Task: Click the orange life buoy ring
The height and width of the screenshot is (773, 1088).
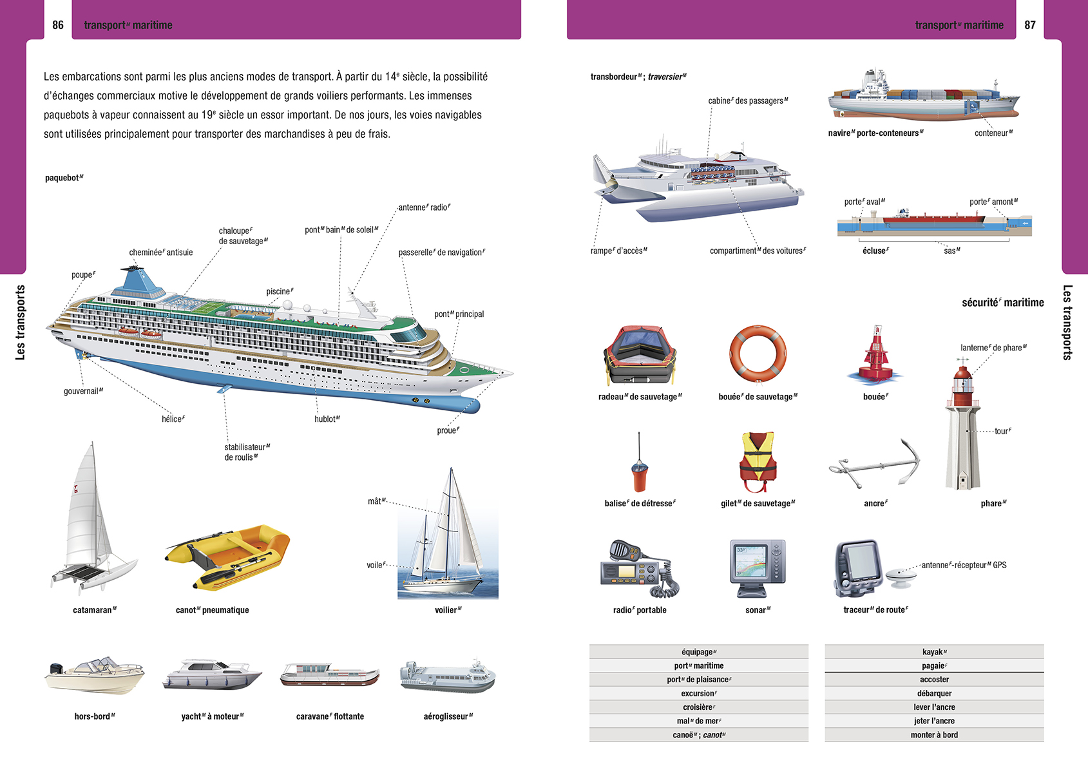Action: (x=758, y=354)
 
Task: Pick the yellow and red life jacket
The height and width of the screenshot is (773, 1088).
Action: (x=758, y=461)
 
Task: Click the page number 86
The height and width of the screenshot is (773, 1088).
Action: (x=58, y=25)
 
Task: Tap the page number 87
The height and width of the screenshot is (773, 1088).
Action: (x=1030, y=25)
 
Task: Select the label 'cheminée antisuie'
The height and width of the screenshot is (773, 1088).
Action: (x=161, y=253)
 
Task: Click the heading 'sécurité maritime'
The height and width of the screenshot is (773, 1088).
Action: (x=1002, y=303)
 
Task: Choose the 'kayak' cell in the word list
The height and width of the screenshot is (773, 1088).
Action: (x=934, y=652)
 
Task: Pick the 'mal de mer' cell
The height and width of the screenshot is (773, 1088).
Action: (x=698, y=721)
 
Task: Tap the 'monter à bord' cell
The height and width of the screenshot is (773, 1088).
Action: (x=934, y=735)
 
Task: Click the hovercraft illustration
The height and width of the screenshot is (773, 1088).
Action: (x=448, y=676)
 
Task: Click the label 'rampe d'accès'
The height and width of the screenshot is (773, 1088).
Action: (x=618, y=251)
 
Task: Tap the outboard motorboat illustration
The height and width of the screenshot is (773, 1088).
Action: (x=95, y=677)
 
